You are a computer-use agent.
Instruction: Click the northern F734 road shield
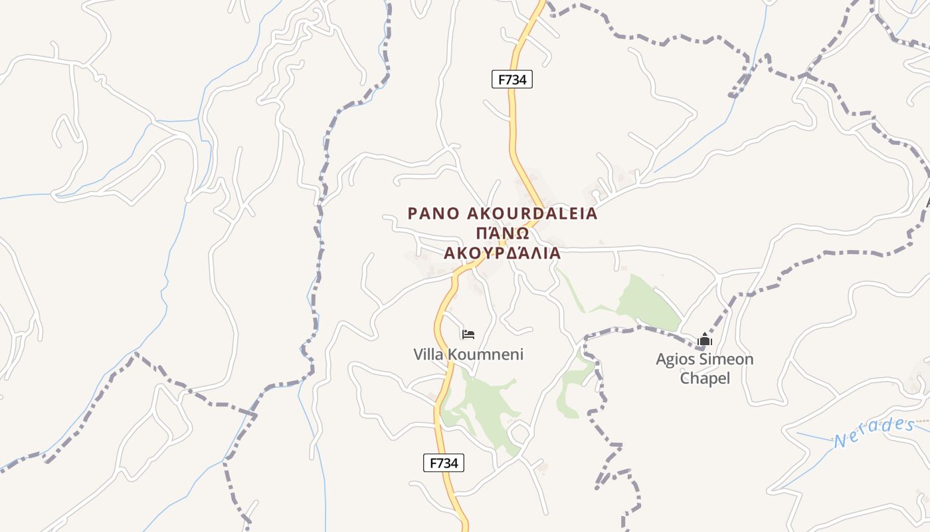(512, 80)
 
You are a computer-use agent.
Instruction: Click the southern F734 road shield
(443, 464)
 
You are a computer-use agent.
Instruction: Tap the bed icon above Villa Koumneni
(468, 334)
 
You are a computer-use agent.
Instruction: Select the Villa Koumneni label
(468, 354)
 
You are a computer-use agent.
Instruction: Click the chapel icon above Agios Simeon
(705, 340)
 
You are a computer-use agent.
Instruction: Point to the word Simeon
(727, 360)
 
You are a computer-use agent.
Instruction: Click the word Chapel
(705, 378)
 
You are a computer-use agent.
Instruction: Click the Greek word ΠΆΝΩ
(502, 233)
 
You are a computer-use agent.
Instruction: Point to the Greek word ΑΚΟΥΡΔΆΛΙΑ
(502, 253)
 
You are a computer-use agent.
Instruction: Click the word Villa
(429, 354)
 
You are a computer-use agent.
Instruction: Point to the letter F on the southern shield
(432, 464)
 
